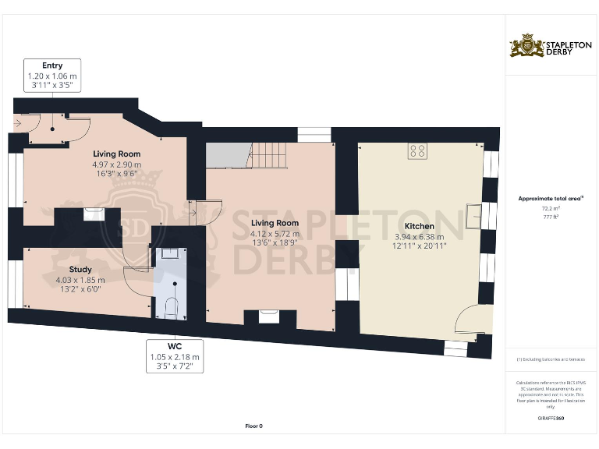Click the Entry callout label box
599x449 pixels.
point(52,76)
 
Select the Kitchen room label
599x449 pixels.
point(420,226)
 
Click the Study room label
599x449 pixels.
point(78,270)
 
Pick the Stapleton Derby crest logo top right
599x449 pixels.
point(526,46)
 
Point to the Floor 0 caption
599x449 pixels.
point(253,426)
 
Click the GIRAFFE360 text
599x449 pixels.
point(551,419)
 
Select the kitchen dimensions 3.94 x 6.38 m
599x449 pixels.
point(420,237)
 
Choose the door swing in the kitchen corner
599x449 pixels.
point(470,320)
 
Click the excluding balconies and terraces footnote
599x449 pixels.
point(551,359)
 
